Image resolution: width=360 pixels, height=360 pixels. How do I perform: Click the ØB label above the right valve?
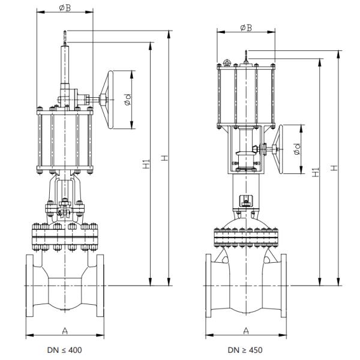click(245, 28)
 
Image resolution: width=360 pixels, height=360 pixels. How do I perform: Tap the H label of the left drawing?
click(164, 158)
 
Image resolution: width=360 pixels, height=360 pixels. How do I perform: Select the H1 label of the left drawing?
click(146, 163)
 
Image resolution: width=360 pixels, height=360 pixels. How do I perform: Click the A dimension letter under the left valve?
click(64, 330)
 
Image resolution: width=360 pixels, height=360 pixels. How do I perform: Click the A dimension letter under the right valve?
click(245, 330)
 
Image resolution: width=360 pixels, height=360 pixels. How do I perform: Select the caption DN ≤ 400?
click(64, 350)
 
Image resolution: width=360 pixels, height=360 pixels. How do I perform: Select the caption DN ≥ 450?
click(245, 350)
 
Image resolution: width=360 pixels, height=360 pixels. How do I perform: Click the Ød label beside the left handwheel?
click(128, 103)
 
